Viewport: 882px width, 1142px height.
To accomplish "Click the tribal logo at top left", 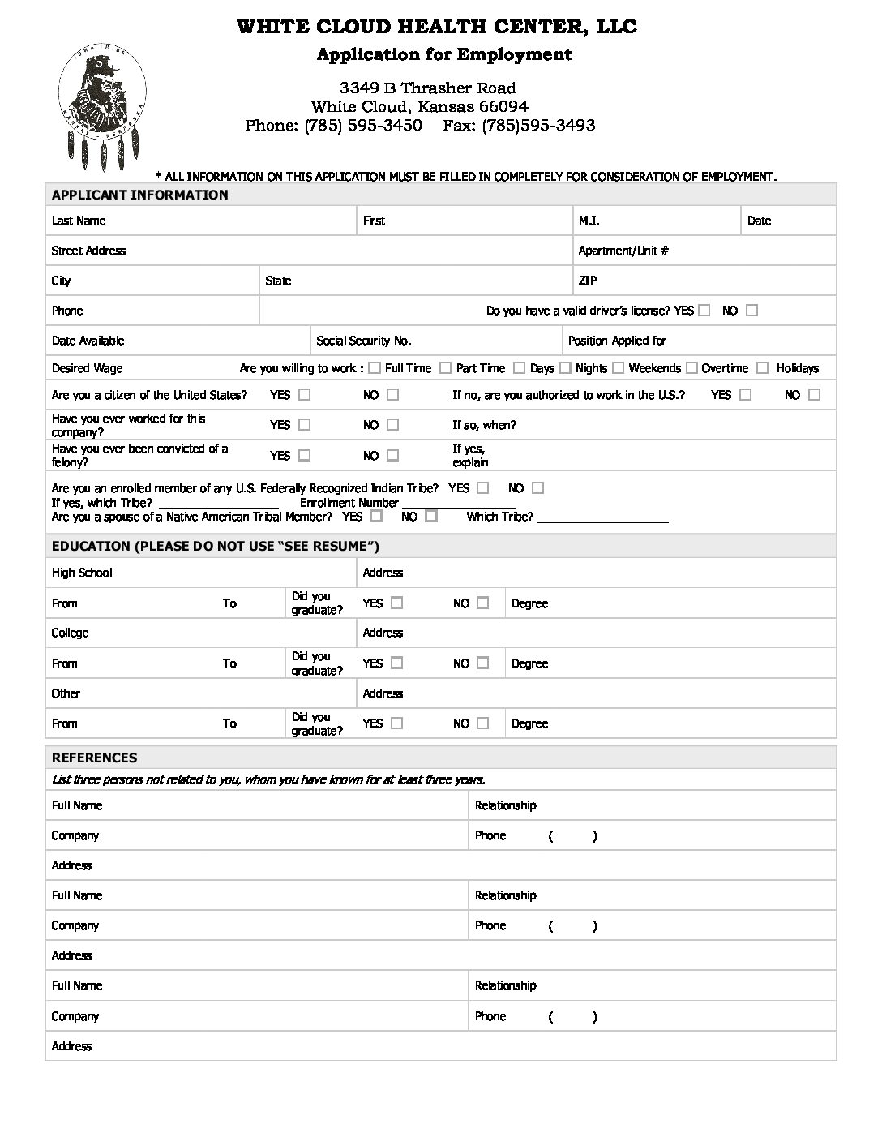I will point(103,101).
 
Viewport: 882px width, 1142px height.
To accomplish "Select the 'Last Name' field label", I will point(79,221).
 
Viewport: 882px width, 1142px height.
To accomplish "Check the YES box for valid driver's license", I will point(704,311).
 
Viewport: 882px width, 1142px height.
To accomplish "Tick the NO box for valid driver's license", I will point(751,311).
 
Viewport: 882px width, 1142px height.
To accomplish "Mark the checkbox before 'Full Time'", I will point(375,368).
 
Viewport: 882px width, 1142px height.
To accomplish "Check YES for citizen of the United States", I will point(304,395).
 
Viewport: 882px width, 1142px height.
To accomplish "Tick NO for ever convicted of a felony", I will point(392,455).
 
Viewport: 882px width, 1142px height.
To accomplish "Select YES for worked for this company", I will point(304,424).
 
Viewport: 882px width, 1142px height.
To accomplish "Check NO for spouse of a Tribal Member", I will point(430,516).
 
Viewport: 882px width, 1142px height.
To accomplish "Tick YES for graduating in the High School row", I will point(396,603).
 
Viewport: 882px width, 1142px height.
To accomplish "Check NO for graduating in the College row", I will point(482,663).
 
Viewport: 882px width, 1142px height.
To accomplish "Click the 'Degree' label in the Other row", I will point(529,723).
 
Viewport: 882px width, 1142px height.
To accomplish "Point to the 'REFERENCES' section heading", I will point(94,758).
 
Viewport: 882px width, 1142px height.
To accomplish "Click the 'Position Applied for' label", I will point(617,341).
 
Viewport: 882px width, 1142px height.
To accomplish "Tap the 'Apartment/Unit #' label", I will point(623,251).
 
